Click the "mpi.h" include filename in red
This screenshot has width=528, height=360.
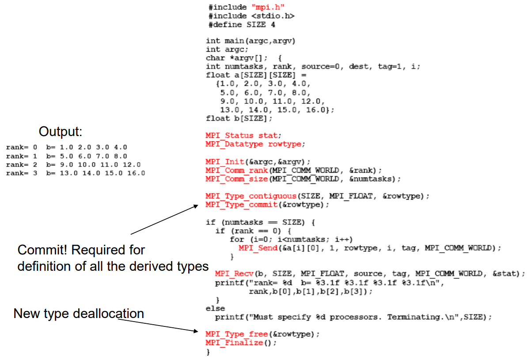point(268,7)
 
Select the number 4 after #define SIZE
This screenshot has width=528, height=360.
point(273,25)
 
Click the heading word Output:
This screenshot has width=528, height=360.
point(60,131)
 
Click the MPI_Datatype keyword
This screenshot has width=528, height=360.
point(234,144)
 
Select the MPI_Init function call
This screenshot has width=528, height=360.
point(224,162)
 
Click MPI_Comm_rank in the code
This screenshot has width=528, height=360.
point(237,171)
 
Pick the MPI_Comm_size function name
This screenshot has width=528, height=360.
point(237,179)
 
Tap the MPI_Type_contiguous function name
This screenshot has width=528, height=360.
point(251,196)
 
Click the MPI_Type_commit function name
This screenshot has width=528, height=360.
point(241,205)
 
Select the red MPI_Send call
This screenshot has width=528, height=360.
point(258,248)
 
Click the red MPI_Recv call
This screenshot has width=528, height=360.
point(234,273)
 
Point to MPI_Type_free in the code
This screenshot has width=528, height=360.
point(237,334)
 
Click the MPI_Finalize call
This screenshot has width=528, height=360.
point(234,342)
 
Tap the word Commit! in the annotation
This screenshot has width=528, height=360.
point(42,250)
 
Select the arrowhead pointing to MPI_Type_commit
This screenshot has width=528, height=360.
point(195,206)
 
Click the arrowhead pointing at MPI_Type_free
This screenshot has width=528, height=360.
point(196,331)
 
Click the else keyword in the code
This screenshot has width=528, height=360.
point(215,308)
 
